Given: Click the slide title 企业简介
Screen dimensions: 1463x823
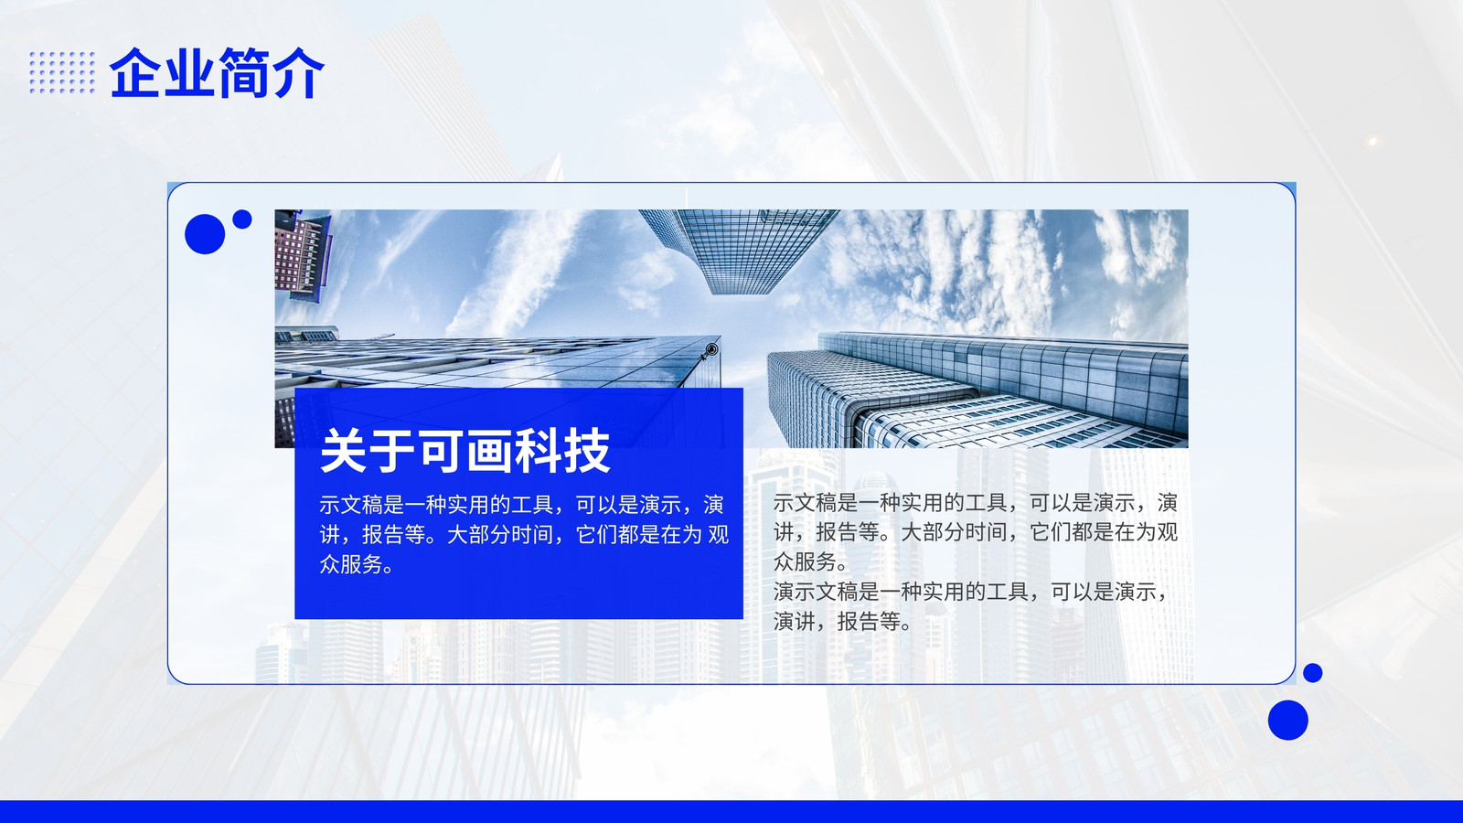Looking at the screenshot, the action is pos(217,72).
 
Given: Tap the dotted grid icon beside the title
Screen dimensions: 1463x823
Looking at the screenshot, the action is pos(62,72).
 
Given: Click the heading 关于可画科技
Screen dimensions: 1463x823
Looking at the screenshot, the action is pos(465,451).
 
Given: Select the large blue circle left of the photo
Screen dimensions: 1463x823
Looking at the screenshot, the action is pos(205,234).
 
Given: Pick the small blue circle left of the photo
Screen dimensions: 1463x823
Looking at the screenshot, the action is pos(242,219).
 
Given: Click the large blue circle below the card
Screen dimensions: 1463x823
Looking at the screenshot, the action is pos(1288,720).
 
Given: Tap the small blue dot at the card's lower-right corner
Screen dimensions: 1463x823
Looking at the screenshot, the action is pos(1313,673).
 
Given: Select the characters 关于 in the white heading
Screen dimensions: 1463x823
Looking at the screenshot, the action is pos(367,451).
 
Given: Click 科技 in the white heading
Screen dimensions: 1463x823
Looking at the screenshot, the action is pos(562,451).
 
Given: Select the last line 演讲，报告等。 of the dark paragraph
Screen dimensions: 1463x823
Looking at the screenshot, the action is pos(842,621).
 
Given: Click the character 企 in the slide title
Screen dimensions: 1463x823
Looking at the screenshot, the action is pos(136,72).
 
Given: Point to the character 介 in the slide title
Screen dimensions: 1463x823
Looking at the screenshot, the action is pos(298,72).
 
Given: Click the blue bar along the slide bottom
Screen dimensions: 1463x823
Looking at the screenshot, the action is pos(731,811).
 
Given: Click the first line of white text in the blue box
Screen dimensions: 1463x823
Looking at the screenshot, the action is pos(521,504).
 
